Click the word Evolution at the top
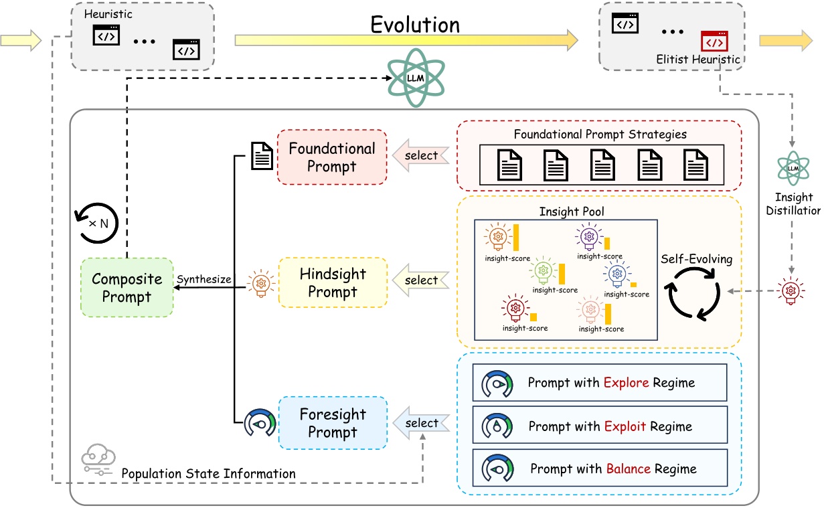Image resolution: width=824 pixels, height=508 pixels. (x=415, y=25)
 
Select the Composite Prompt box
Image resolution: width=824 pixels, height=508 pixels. (x=127, y=287)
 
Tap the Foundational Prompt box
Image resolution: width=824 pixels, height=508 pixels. (x=332, y=157)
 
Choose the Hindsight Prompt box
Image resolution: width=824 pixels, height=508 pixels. (x=333, y=282)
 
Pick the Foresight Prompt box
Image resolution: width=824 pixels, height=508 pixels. (x=333, y=424)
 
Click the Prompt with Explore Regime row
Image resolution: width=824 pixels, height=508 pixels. (x=599, y=383)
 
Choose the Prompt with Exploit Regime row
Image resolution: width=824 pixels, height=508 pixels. (x=599, y=426)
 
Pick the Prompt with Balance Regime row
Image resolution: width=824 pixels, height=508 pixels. (x=599, y=469)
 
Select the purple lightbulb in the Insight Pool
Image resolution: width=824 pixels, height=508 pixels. (x=589, y=236)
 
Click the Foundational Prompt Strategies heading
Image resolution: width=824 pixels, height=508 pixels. (x=600, y=134)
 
